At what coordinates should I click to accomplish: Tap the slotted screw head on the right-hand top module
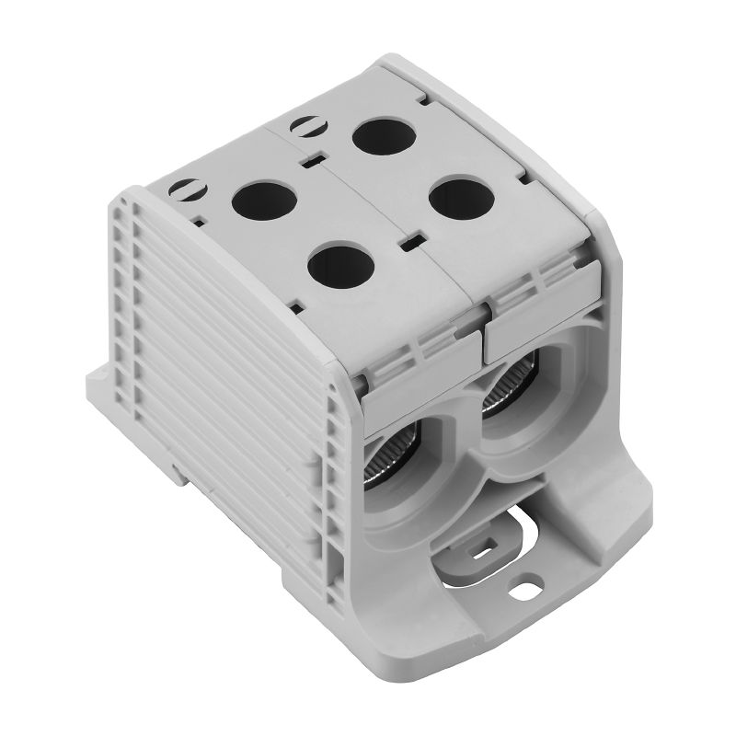click(303, 125)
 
